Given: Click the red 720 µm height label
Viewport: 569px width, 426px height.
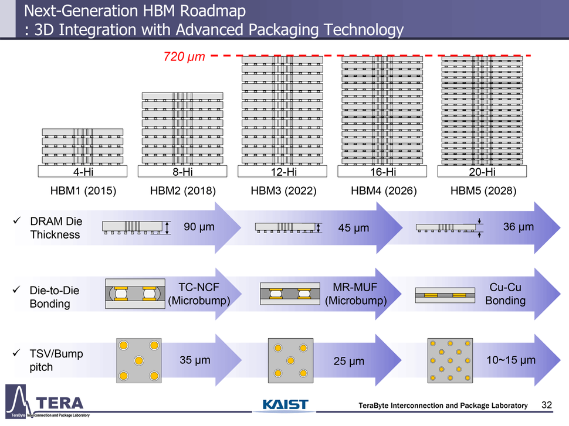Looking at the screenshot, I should pos(183,57).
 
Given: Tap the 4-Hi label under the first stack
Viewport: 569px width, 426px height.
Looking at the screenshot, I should pos(83,172).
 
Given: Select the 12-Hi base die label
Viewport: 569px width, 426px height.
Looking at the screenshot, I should pos(282,172).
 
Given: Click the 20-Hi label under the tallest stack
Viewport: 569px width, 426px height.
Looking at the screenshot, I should pos(482,172).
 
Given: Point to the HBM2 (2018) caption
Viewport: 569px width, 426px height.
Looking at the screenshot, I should pos(183,190).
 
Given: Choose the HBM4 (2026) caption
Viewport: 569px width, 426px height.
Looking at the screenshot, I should pos(384,190).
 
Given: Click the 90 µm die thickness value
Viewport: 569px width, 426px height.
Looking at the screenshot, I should pos(199,227).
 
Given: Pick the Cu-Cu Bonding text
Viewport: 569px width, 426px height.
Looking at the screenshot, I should pos(505,294).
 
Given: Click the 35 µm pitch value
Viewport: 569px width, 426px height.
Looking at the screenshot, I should pos(195,360).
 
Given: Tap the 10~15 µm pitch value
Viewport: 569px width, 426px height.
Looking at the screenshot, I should pos(511,360).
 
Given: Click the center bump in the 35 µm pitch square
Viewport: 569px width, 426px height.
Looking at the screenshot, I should pos(139,360).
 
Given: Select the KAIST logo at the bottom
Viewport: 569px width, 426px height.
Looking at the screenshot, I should pos(285,405).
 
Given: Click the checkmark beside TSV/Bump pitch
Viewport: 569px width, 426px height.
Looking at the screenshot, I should pos(17,354).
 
